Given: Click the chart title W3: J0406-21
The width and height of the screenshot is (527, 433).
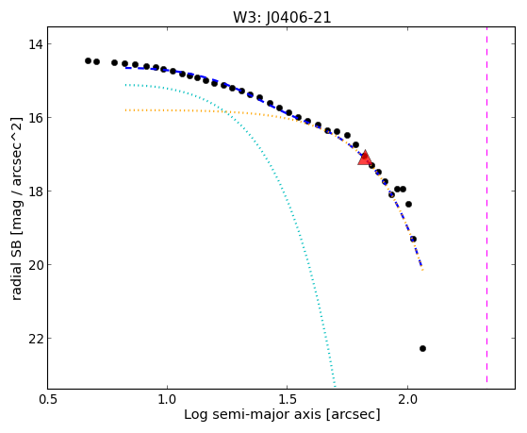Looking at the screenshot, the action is (282, 17).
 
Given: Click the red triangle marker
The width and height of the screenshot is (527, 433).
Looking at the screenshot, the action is (365, 158).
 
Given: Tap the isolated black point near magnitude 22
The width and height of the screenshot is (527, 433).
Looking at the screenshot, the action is (422, 348).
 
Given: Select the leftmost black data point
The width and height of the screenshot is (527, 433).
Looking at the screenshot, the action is (88, 61).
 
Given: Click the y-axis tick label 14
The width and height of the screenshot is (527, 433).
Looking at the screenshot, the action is (35, 44).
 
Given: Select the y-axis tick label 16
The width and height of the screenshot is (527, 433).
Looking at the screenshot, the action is (35, 118).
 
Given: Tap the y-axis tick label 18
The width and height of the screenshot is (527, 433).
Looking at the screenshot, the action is (35, 192).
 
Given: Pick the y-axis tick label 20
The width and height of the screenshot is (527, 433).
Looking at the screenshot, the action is (35, 265).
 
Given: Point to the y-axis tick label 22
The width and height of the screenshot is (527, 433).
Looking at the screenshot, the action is (35, 339).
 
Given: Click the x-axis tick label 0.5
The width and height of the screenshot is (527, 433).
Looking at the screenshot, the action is (48, 400).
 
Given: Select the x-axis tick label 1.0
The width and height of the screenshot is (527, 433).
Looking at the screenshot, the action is (167, 400).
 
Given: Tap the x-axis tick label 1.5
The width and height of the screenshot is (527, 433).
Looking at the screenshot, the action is (287, 400).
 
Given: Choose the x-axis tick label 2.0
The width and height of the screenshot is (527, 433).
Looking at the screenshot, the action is (407, 400).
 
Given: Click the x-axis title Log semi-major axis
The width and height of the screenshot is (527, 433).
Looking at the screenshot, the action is (253, 415).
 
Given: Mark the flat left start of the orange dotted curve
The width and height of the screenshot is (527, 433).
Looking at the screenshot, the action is (125, 110).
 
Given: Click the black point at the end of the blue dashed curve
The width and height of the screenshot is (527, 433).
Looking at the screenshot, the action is (414, 240).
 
